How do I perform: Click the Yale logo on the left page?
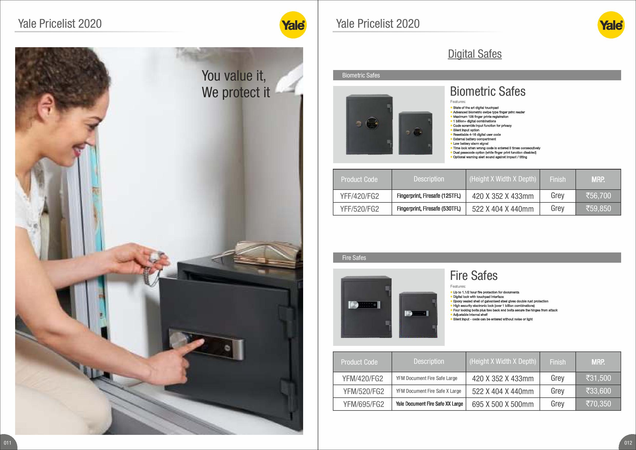pyautogui.click(x=293, y=25)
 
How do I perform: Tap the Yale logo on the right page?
pyautogui.click(x=611, y=25)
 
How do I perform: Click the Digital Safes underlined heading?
pyautogui.click(x=474, y=54)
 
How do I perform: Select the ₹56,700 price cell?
pyautogui.click(x=598, y=196)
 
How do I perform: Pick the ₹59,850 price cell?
pyautogui.click(x=598, y=209)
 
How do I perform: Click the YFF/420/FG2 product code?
pyautogui.click(x=359, y=196)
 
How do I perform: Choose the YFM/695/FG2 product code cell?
pyautogui.click(x=362, y=404)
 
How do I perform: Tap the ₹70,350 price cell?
pyautogui.click(x=598, y=404)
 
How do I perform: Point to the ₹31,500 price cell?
pyautogui.click(x=598, y=378)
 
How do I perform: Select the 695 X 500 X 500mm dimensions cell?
pyautogui.click(x=503, y=404)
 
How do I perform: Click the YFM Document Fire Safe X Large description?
pyautogui.click(x=429, y=391)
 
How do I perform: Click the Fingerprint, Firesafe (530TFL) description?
pyautogui.click(x=429, y=209)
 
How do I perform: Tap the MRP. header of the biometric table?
pyautogui.click(x=598, y=179)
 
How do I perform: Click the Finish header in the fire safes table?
pyautogui.click(x=558, y=362)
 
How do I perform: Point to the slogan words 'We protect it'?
pyautogui.click(x=236, y=93)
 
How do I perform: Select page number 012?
pyautogui.click(x=628, y=443)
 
